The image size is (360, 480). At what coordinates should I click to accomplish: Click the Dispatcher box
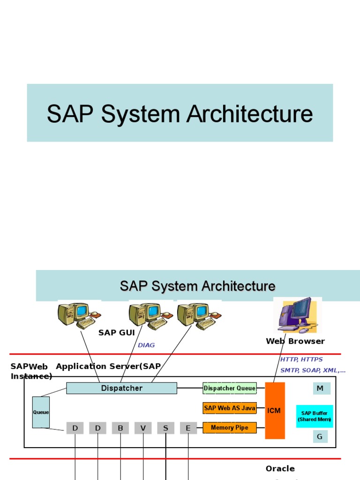point(121,388)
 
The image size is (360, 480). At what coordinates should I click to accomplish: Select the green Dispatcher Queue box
point(230,388)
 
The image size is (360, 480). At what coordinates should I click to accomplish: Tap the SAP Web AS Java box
point(230,408)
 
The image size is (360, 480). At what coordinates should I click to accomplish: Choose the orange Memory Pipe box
point(230,427)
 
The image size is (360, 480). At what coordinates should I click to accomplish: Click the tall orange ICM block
point(275,411)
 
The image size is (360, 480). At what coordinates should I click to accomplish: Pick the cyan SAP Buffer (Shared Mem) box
point(314,416)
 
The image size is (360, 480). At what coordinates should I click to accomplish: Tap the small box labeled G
point(321,437)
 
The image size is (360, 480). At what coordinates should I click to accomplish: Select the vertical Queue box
point(41,412)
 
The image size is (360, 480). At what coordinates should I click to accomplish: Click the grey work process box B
point(120,428)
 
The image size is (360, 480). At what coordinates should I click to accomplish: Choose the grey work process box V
point(143,428)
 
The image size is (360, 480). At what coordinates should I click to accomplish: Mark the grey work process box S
point(165,428)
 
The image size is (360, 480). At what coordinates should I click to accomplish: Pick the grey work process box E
point(188,428)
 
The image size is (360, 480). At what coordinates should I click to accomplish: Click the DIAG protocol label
point(146,345)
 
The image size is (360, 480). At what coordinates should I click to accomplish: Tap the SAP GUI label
point(117,333)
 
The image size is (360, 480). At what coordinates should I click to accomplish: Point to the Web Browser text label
point(295,341)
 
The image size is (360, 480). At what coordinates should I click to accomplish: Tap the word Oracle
point(280,469)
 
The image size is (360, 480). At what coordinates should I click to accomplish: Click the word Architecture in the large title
point(250,114)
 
